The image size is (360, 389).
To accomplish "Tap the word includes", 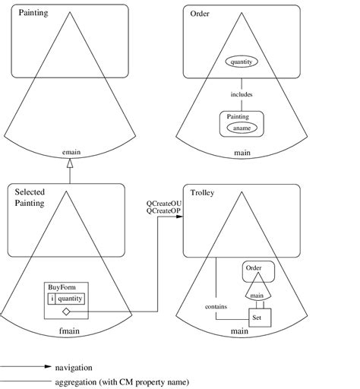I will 242,95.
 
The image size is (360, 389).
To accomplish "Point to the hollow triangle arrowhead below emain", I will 70,163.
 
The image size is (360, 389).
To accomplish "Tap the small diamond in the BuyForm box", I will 65,312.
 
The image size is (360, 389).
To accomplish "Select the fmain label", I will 70,331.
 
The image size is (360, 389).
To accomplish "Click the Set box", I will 258,318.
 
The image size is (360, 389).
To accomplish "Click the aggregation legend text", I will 122,381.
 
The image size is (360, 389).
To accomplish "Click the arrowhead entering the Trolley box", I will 179,217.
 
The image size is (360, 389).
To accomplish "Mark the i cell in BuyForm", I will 52,299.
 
